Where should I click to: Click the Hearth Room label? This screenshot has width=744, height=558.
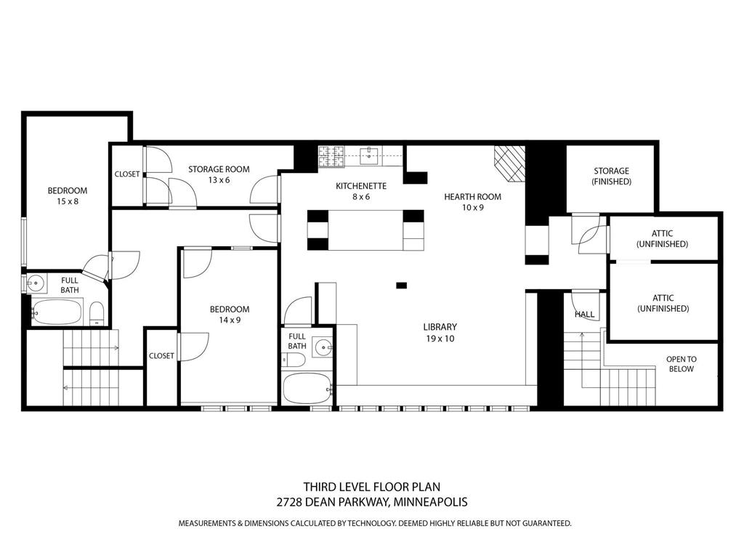click(472, 201)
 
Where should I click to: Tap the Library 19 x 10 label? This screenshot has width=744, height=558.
click(440, 332)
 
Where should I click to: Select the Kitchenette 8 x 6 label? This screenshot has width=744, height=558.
click(360, 191)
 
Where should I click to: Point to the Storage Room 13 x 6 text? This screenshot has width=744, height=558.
click(219, 174)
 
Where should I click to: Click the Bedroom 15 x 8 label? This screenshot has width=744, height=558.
click(67, 195)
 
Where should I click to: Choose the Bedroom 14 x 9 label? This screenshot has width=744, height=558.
click(230, 314)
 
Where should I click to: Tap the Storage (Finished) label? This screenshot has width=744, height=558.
click(611, 176)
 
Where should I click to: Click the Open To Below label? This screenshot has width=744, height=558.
click(681, 364)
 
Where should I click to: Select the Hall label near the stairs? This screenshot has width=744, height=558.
click(584, 315)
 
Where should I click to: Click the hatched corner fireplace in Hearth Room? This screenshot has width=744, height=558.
click(509, 163)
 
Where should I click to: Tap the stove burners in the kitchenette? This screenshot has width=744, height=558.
click(331, 154)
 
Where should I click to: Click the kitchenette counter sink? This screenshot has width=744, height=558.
click(371, 153)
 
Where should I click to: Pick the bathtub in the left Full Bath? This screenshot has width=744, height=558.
click(57, 312)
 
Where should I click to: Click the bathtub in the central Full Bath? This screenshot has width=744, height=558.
click(307, 388)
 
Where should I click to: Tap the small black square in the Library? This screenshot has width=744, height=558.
click(401, 286)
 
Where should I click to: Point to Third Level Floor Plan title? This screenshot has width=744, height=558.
click(371, 487)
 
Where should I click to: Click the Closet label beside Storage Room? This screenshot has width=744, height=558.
click(127, 174)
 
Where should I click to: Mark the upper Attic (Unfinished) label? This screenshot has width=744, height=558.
click(662, 238)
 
